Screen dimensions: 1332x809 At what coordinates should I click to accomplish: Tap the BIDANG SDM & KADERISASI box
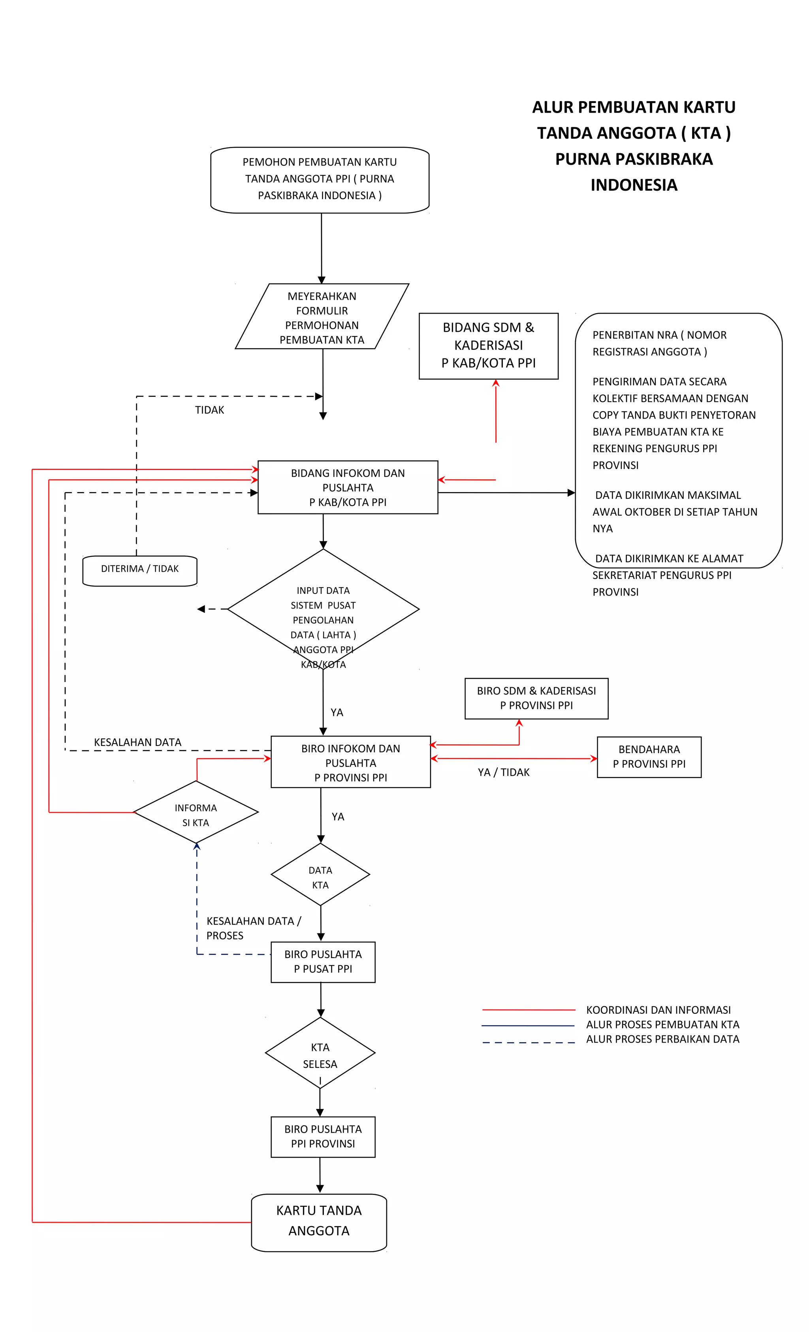[x=488, y=346]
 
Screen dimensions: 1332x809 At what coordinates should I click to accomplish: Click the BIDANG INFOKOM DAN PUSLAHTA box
[x=347, y=487]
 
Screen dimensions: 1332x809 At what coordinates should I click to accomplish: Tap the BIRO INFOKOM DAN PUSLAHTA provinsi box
[x=350, y=762]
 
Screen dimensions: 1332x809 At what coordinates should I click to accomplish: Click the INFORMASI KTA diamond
[x=196, y=812]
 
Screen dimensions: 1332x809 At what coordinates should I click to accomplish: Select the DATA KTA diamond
[x=320, y=875]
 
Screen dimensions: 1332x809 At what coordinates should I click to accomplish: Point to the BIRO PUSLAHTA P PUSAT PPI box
[x=323, y=962]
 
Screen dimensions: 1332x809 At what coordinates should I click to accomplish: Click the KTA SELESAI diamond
[x=320, y=1053]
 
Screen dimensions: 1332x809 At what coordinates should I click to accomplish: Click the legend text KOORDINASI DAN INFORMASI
[x=658, y=1010]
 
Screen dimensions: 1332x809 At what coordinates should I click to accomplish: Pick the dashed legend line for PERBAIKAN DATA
[x=528, y=1042]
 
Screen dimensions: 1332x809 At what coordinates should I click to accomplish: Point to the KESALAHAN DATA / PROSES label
[x=253, y=928]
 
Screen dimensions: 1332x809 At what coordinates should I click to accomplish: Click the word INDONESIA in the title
[x=633, y=185]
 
